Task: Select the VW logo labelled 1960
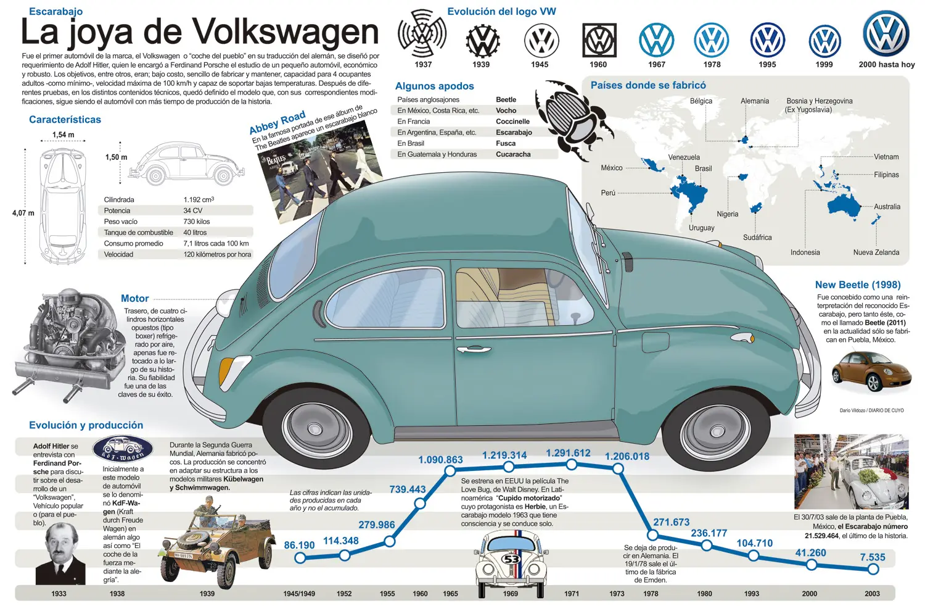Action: click(x=599, y=40)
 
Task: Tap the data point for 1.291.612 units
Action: click(x=572, y=465)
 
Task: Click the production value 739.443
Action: click(x=408, y=489)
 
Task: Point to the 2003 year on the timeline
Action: click(x=872, y=594)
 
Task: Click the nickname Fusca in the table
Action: click(x=506, y=143)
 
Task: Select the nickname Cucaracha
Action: click(x=513, y=154)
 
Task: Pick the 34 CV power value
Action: click(x=193, y=210)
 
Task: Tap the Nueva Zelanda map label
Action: click(x=876, y=252)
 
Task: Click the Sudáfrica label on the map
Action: click(x=757, y=237)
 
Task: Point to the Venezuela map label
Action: click(x=684, y=157)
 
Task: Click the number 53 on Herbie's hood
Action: click(x=511, y=560)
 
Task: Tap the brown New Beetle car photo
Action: click(x=871, y=372)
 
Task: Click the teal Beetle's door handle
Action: click(x=474, y=350)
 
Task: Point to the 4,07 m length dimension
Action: click(x=23, y=214)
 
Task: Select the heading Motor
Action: click(x=134, y=299)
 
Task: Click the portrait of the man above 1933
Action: click(x=60, y=554)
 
